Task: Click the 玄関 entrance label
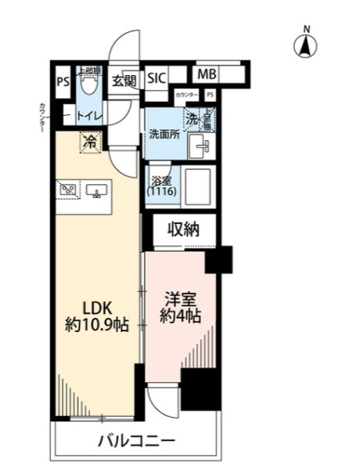coord(123,79)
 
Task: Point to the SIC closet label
coord(157,78)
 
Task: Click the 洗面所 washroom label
coord(164,134)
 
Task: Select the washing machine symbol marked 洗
coord(192,119)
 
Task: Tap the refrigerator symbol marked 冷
coord(91,142)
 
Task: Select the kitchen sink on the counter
coord(98,190)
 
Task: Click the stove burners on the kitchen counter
coord(67,189)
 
